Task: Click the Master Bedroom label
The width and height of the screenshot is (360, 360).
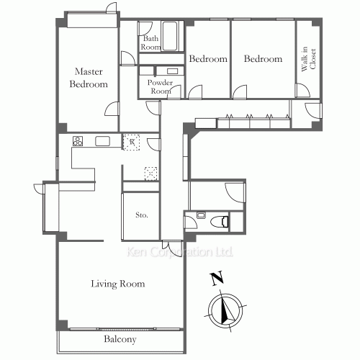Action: pos(89,78)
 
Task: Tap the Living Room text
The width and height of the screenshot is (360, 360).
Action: pos(118,284)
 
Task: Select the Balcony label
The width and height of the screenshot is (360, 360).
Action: pos(120,339)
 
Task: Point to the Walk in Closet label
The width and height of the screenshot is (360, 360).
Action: pos(308,59)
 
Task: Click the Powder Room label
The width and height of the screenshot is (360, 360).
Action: pos(160,86)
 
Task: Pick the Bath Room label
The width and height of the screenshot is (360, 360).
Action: pos(150,42)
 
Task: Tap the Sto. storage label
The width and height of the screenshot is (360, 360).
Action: pos(142,215)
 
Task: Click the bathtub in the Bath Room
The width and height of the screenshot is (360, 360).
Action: pos(170,36)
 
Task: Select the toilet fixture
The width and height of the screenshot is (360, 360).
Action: pos(219,221)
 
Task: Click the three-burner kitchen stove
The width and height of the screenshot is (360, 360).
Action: pos(78,141)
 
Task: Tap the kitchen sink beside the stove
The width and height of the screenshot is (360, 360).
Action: pos(102,141)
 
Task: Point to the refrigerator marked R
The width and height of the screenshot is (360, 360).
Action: pos(131,142)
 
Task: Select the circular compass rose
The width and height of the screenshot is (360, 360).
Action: pos(225,310)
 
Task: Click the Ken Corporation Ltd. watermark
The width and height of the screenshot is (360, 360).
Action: pos(179,252)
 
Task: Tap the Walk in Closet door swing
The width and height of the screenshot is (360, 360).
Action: pos(303,90)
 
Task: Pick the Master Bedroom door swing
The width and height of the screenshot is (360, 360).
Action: pos(112,109)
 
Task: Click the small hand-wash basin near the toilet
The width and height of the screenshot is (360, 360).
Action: pos(201,215)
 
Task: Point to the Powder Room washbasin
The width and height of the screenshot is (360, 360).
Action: pos(172,71)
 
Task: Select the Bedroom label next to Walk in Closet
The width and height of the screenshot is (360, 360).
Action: pos(263,59)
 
